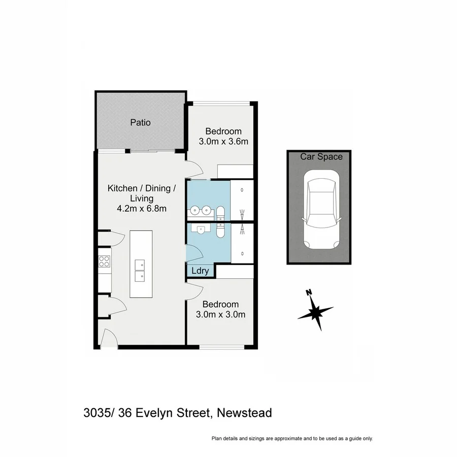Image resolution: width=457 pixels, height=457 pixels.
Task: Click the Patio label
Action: coord(140,122)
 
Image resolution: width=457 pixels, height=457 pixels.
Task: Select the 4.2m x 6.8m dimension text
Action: coord(142,208)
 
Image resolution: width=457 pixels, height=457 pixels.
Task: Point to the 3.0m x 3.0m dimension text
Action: coord(221,314)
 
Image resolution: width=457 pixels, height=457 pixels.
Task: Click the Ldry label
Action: coord(200,271)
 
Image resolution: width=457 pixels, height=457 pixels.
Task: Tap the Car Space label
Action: coord(321,157)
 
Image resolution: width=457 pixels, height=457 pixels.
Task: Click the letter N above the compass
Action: coord(308,292)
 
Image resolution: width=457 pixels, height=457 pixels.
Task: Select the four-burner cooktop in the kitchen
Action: coord(104,261)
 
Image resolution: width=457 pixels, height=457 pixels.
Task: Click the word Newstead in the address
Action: coord(244,413)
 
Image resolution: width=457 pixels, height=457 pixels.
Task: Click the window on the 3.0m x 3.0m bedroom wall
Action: coord(222,347)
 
